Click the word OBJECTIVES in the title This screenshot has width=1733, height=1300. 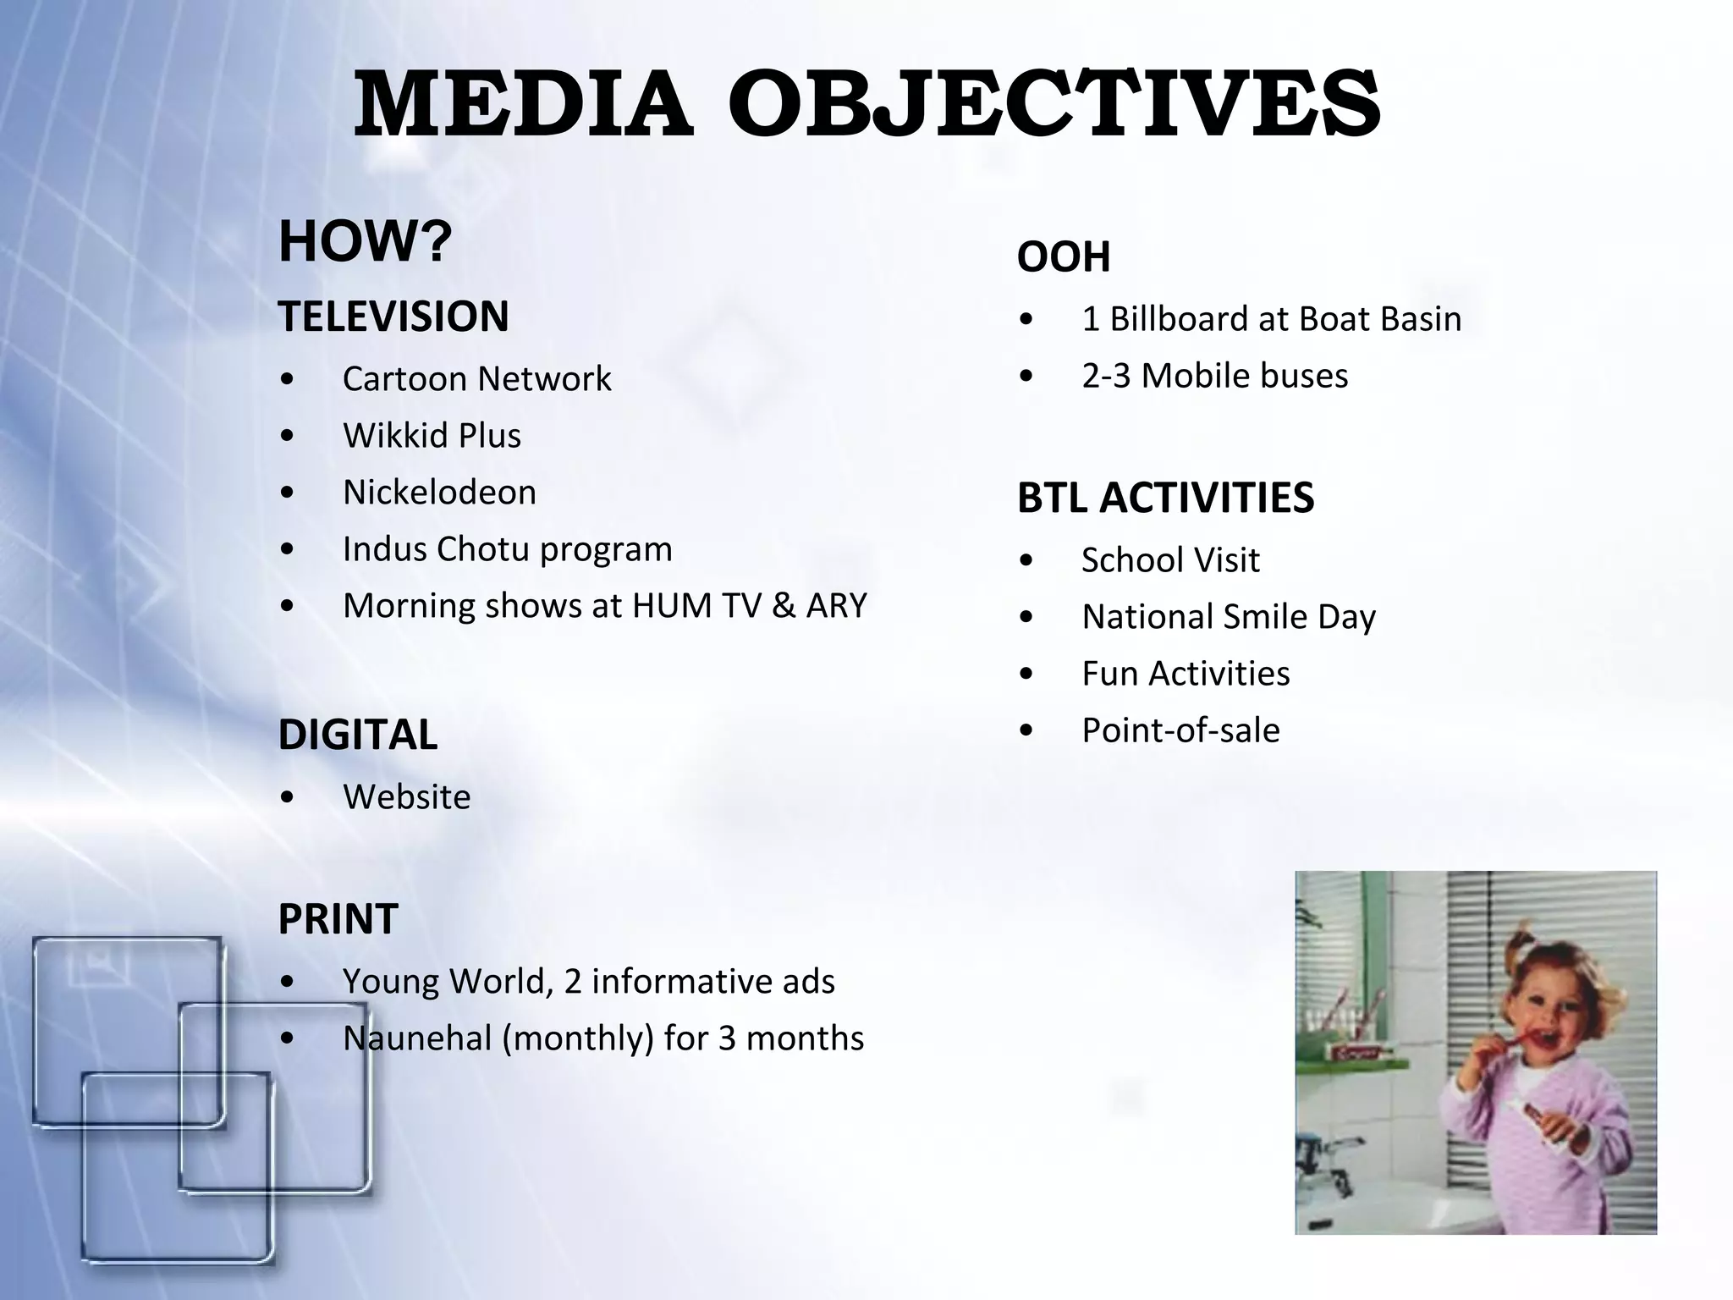pos(1054,104)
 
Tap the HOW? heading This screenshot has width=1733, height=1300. pos(365,241)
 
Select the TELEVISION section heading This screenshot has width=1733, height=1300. pos(393,317)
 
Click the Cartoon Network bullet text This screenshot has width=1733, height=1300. pos(476,379)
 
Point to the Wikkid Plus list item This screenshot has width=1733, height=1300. pos(432,436)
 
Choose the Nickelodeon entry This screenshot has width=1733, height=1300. pos(439,493)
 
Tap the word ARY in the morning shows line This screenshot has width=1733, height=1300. pos(836,606)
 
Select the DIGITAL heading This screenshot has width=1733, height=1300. pos(358,735)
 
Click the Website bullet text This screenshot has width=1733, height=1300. pos(406,797)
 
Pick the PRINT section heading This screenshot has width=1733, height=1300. pos(338,919)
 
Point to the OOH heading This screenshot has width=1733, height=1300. pos(1064,256)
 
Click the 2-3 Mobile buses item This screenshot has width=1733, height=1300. pos(1214,376)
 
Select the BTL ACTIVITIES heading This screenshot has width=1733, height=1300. pos(1165,498)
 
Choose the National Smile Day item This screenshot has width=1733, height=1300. pos(1228,617)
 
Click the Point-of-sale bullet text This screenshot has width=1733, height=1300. pos(1180,730)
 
